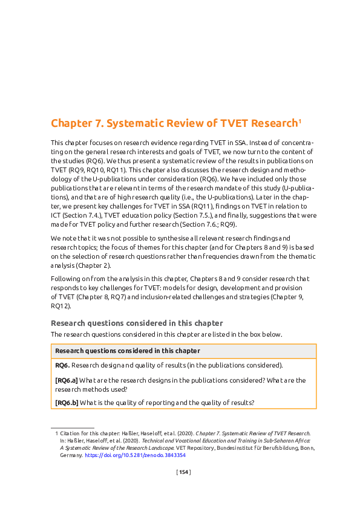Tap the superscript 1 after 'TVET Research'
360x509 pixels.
point(299,121)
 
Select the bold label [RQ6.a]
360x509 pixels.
point(66,380)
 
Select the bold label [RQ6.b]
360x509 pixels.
point(66,403)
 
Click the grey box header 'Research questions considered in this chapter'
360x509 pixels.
point(128,351)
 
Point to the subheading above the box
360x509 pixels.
point(137,323)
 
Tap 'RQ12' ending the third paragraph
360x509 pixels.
point(61,306)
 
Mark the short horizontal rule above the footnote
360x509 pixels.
point(73,427)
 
